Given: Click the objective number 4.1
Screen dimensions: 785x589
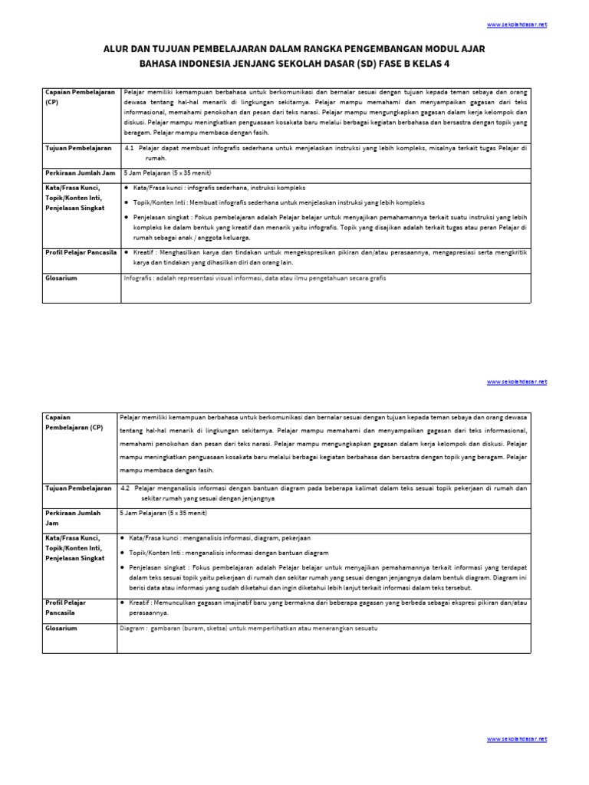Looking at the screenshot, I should [129, 146].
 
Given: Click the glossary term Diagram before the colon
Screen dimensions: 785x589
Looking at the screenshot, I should [133, 628].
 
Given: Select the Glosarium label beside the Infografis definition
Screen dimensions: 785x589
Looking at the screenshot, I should [61, 278].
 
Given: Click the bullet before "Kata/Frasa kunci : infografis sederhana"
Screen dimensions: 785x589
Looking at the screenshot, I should [126, 188].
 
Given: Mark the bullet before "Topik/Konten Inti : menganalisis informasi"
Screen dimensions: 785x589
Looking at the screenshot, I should [123, 553].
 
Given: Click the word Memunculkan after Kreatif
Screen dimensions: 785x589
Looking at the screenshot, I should [175, 603].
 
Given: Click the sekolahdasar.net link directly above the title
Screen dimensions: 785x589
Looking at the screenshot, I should [517, 25].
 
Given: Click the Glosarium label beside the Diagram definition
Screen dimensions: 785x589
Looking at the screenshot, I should [61, 628].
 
